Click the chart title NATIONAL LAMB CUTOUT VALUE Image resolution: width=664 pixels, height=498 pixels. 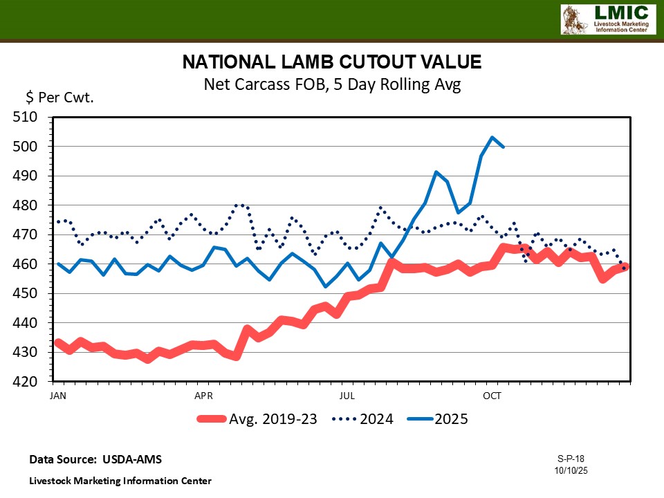click(331, 62)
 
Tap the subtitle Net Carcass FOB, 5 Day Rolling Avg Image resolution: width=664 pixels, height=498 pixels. click(331, 85)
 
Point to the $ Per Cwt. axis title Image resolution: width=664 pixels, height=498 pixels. click(59, 98)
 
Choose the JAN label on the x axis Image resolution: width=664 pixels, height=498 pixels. click(59, 396)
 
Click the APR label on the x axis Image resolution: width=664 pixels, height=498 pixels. click(203, 396)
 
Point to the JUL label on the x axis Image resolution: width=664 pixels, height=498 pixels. click(348, 396)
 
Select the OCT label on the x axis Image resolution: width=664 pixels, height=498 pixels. click(492, 396)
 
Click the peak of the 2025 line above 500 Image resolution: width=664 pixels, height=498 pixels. click(492, 137)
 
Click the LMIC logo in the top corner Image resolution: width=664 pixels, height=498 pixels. click(607, 19)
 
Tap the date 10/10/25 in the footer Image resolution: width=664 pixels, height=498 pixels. click(571, 470)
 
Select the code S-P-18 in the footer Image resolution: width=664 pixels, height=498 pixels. click(571, 459)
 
